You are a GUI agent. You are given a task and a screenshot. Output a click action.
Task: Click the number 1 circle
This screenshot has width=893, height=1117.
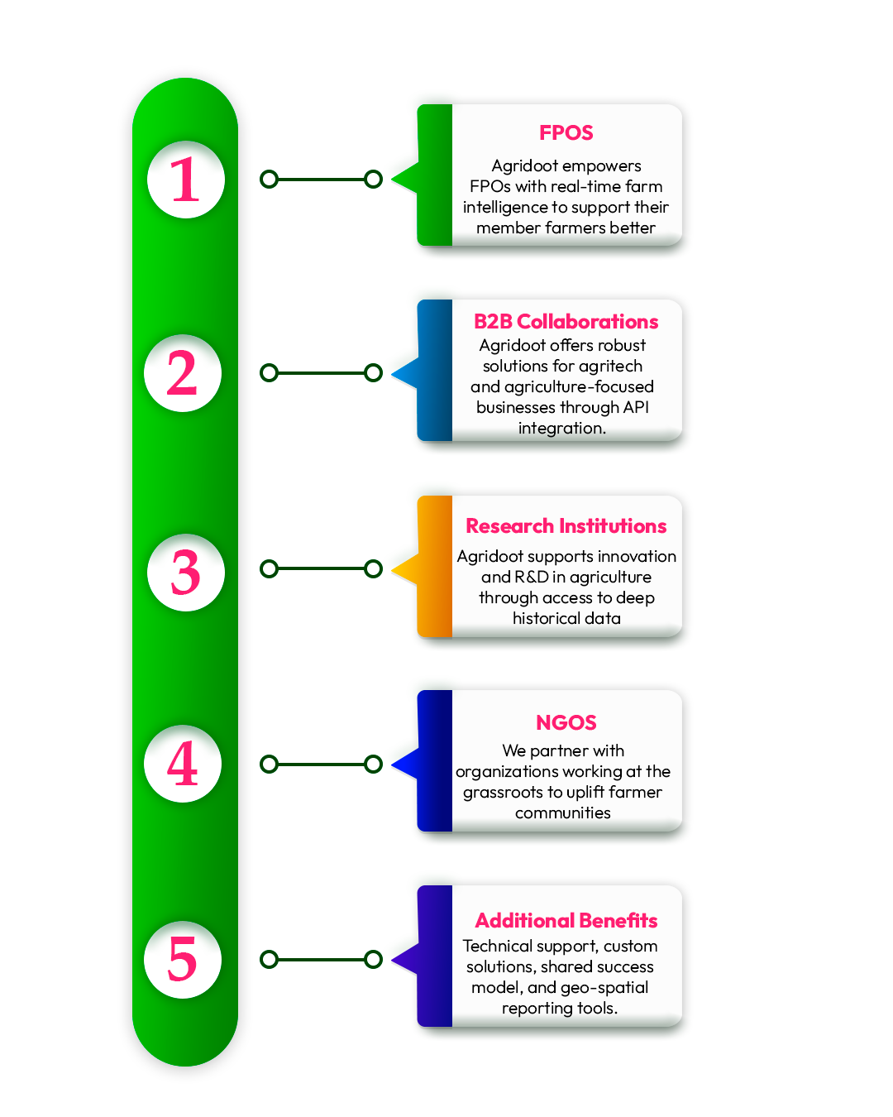coord(186,180)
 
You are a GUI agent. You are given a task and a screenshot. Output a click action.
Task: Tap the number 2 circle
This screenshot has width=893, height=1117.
coord(183,373)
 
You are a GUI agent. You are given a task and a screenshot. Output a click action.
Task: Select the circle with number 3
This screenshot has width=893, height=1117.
coord(186,573)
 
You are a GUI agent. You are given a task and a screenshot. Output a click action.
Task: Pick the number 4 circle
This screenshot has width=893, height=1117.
coord(183,764)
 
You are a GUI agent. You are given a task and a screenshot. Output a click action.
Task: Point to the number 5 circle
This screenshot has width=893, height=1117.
coord(183,960)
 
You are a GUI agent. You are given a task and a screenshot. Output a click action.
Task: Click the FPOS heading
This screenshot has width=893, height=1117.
coord(566,133)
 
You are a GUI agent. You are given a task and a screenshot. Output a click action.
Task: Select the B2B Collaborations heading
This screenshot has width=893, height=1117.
coord(566,322)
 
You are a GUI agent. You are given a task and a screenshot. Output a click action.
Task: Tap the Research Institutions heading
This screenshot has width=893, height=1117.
coord(566,525)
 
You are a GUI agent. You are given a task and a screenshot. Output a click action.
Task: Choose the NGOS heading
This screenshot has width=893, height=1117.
coord(566,722)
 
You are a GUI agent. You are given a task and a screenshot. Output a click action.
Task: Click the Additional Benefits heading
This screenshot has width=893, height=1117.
coord(566,920)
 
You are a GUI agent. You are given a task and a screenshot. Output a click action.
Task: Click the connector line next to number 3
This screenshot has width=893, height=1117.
coord(321,569)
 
